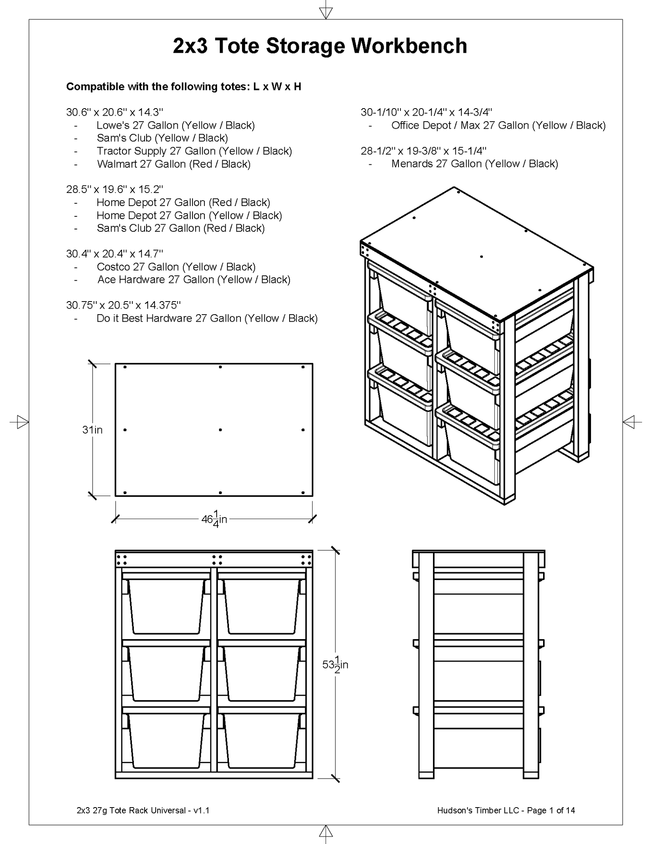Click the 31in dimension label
[92, 430]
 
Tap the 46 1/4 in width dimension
[214, 519]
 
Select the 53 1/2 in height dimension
[335, 665]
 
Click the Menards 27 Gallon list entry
[474, 164]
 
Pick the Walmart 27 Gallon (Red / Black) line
[173, 164]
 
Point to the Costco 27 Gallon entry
[176, 267]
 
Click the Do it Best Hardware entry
[207, 318]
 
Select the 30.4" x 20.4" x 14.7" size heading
[114, 254]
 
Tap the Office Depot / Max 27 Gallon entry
[498, 125]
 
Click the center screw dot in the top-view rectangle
[220, 430]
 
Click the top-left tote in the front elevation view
[166, 606]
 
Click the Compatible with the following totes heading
[183, 87]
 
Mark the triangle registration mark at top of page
[326, 13]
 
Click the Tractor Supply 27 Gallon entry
[194, 151]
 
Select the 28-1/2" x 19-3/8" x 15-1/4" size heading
[423, 151]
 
